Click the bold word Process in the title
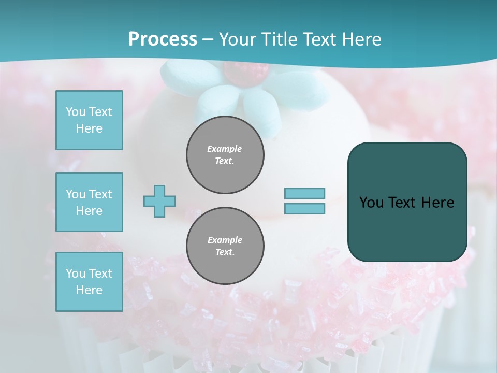163,39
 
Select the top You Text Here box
89,120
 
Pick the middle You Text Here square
89,202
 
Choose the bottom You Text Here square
89,282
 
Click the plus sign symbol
159,201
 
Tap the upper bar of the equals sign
304,193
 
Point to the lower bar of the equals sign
304,209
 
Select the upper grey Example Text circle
225,155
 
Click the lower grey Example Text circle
225,246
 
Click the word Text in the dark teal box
403,203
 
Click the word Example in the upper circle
225,149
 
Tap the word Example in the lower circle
225,240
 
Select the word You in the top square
75,112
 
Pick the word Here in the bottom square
89,290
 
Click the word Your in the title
238,39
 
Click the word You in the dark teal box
371,203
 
